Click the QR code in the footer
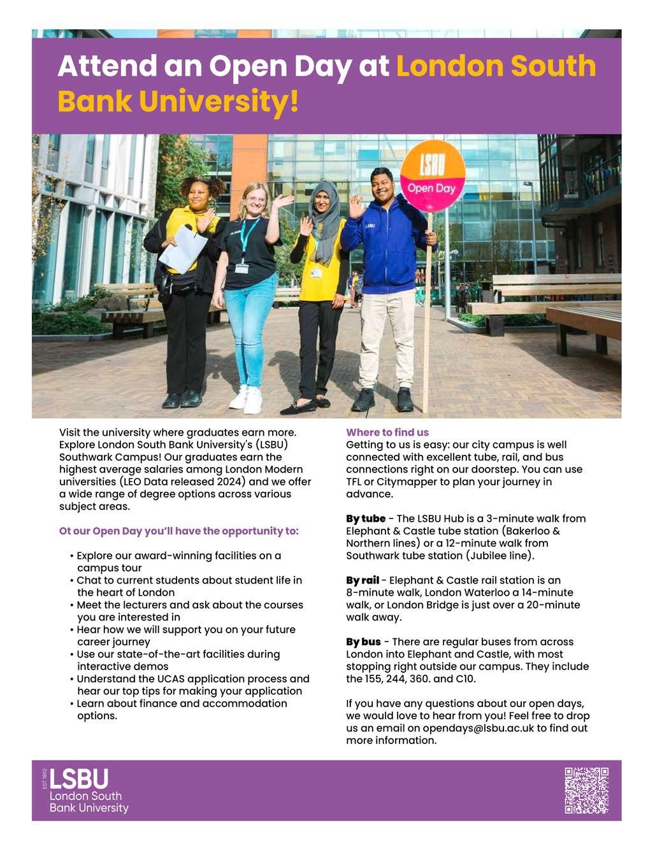tap(586, 790)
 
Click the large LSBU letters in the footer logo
tap(79, 779)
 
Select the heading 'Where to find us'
tap(387, 432)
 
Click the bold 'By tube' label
tap(366, 519)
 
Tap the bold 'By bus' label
tap(363, 642)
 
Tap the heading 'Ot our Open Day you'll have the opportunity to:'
tap(178, 531)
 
